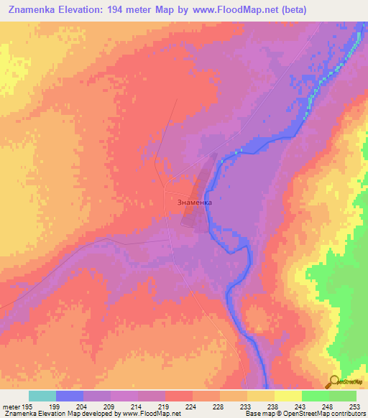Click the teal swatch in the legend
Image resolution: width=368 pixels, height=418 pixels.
[42, 396]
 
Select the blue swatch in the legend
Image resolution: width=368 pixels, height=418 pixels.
[69, 396]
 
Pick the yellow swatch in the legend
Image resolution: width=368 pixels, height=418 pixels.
[287, 396]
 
